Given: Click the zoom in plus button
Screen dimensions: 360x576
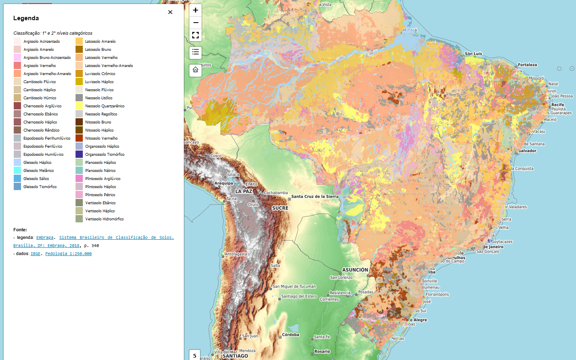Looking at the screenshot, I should click(196, 10).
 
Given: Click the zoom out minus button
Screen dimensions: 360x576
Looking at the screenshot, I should click(196, 23).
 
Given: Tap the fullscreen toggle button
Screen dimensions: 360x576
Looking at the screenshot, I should click(196, 35).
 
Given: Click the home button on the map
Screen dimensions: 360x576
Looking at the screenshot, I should click(196, 70).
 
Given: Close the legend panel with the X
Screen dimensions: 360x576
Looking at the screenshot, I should click(170, 12).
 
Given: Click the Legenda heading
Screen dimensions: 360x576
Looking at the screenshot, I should click(26, 18).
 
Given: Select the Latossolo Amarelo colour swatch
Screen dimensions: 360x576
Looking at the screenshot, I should click(79, 41).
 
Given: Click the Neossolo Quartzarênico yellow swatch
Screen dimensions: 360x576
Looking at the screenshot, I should click(79, 106).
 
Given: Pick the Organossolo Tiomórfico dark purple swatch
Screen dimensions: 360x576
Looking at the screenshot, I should click(79, 154).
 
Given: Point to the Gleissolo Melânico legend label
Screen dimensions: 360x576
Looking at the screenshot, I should click(38, 171).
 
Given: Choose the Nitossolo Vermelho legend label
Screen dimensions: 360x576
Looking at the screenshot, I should click(101, 138).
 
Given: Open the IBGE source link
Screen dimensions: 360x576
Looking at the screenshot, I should click(36, 254).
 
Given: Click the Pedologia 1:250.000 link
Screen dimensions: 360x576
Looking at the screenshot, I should click(68, 254).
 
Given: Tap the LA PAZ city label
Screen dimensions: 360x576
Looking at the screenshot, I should click(244, 191).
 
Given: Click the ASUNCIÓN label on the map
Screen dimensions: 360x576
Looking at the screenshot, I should click(355, 270).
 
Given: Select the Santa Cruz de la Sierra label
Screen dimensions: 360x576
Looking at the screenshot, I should click(315, 197).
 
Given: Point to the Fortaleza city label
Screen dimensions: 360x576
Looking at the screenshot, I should click(527, 65).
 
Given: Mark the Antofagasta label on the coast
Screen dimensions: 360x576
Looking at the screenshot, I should click(236, 254).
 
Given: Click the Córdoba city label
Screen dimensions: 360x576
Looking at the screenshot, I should click(290, 335).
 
